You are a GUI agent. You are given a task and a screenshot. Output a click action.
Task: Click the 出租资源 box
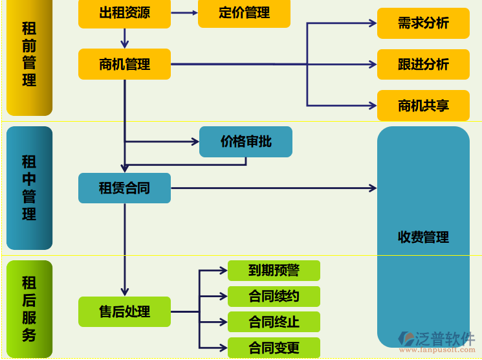click(124, 13)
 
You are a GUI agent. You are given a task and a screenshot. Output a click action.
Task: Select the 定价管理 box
click(244, 13)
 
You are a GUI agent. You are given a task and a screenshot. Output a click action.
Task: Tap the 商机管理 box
click(124, 64)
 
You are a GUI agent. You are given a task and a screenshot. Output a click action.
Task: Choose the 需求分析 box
click(423, 23)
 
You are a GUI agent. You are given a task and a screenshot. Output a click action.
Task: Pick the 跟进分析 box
click(423, 64)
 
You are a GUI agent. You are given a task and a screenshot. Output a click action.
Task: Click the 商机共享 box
click(423, 106)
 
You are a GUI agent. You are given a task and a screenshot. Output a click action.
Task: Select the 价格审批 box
click(246, 141)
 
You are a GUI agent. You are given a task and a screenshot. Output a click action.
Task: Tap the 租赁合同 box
click(124, 188)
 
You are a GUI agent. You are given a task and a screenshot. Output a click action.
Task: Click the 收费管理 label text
click(423, 238)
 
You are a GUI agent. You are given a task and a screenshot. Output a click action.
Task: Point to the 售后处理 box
click(124, 311)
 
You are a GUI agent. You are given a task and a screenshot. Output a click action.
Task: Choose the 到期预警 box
click(274, 271)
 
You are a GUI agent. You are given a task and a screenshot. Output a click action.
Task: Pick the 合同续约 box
click(274, 297)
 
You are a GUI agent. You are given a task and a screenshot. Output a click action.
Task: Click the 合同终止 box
click(274, 322)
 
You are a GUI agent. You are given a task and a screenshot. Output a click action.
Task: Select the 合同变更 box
click(274, 348)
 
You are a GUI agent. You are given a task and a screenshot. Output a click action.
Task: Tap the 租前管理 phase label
click(29, 55)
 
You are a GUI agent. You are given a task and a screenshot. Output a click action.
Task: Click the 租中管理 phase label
click(29, 188)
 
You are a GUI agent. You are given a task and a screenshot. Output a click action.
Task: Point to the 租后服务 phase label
click(29, 309)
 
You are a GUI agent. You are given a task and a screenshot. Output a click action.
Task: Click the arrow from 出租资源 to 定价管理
click(184, 13)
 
